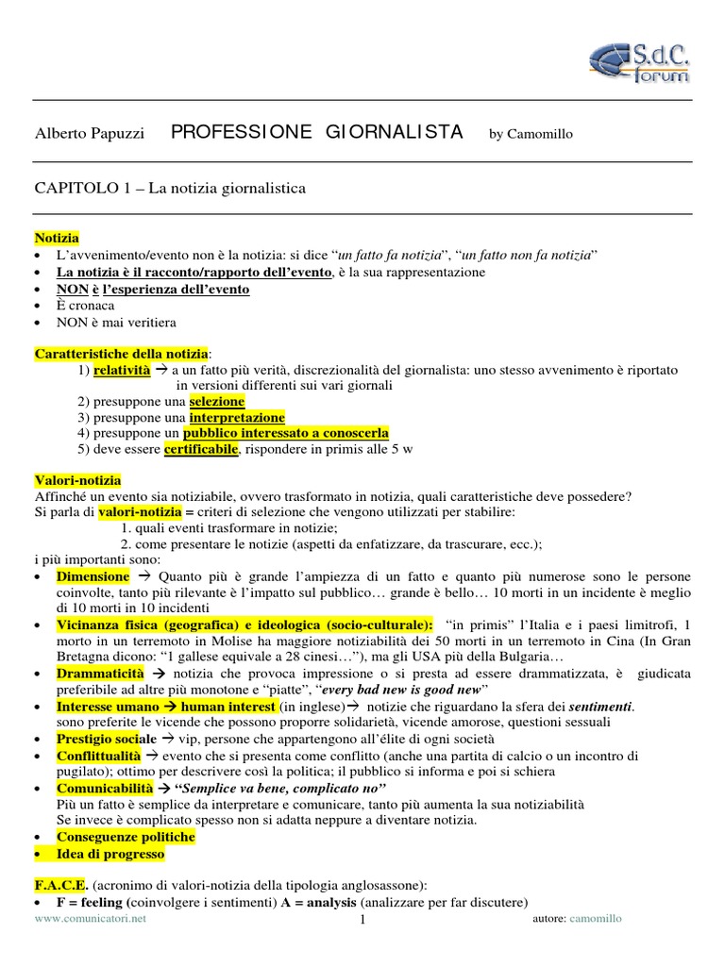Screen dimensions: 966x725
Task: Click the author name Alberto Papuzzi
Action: (90, 134)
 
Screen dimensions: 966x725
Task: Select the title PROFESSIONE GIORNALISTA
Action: (316, 132)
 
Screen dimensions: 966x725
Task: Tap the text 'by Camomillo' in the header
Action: (531, 134)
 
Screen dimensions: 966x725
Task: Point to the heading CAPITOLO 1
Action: (170, 189)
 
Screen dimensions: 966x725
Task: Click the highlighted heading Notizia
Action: (57, 238)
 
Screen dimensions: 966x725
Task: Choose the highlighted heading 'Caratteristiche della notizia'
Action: (121, 354)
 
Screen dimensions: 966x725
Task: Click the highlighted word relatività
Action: (122, 371)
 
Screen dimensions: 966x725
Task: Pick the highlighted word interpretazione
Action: (237, 417)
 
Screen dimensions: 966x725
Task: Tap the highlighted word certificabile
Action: (201, 449)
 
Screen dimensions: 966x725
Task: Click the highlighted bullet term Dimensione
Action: (93, 575)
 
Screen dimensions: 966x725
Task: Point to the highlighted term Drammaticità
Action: (100, 674)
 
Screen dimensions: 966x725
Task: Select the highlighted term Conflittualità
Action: (98, 757)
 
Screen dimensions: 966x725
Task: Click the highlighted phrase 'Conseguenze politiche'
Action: (126, 837)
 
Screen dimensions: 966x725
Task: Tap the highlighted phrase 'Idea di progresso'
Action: (110, 854)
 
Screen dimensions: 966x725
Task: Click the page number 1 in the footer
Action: (362, 922)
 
